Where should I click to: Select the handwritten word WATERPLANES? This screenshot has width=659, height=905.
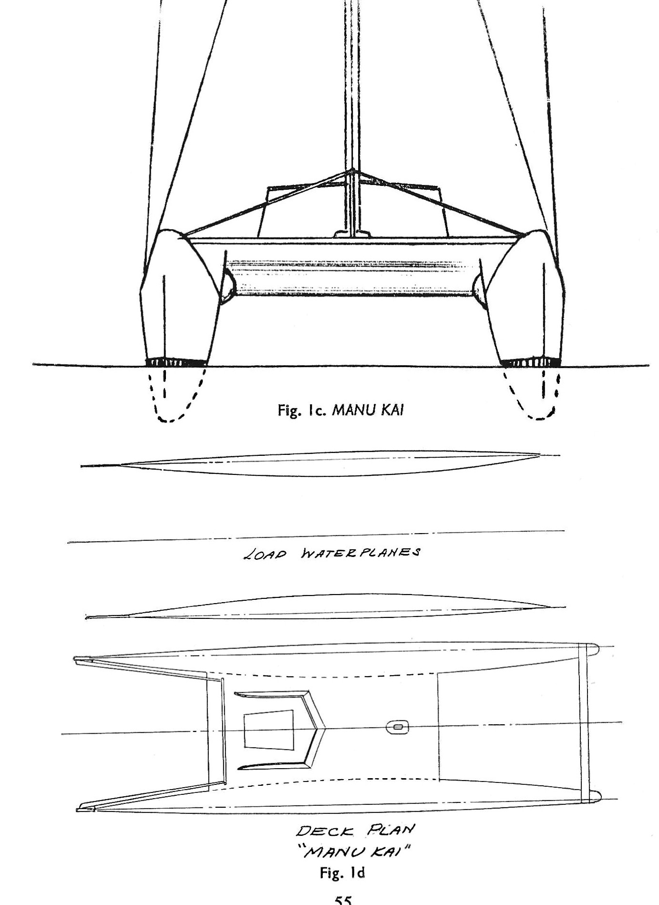point(361,553)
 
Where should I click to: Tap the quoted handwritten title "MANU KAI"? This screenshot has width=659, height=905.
point(354,850)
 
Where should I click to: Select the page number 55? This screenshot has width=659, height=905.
point(343,900)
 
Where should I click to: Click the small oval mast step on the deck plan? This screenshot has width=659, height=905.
point(397,727)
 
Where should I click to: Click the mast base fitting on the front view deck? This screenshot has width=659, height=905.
point(352,234)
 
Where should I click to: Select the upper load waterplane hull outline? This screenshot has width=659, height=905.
point(319,463)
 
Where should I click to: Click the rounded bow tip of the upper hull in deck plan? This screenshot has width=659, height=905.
point(594,648)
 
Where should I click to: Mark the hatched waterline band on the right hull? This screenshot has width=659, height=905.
point(531,363)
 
